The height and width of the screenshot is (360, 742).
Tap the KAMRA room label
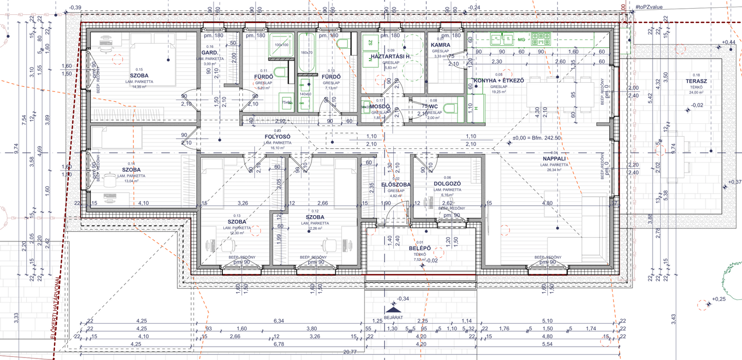click(441, 45)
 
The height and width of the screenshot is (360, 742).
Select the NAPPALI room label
click(554, 159)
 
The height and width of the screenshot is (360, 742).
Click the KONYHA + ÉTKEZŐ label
click(499, 81)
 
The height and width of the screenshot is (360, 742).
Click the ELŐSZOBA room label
click(396, 184)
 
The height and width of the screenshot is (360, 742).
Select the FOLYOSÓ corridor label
click(277, 137)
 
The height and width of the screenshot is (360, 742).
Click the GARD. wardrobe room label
click(210, 53)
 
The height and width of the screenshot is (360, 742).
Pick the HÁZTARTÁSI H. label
click(392, 56)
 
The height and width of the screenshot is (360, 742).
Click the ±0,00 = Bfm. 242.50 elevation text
click(537, 138)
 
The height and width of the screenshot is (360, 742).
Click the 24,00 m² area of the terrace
click(696, 92)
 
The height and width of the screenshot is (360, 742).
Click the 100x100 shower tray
click(281, 45)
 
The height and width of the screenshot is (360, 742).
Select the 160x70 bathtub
click(307, 53)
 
